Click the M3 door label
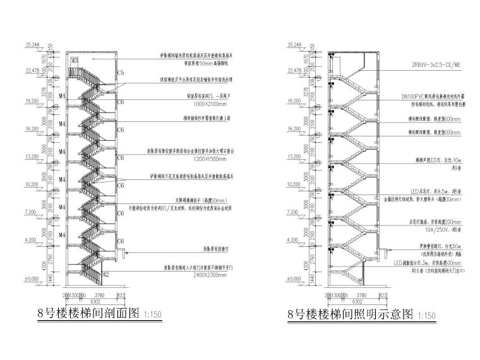coord(74,61)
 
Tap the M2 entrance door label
coord(106,274)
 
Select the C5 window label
coord(121,73)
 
